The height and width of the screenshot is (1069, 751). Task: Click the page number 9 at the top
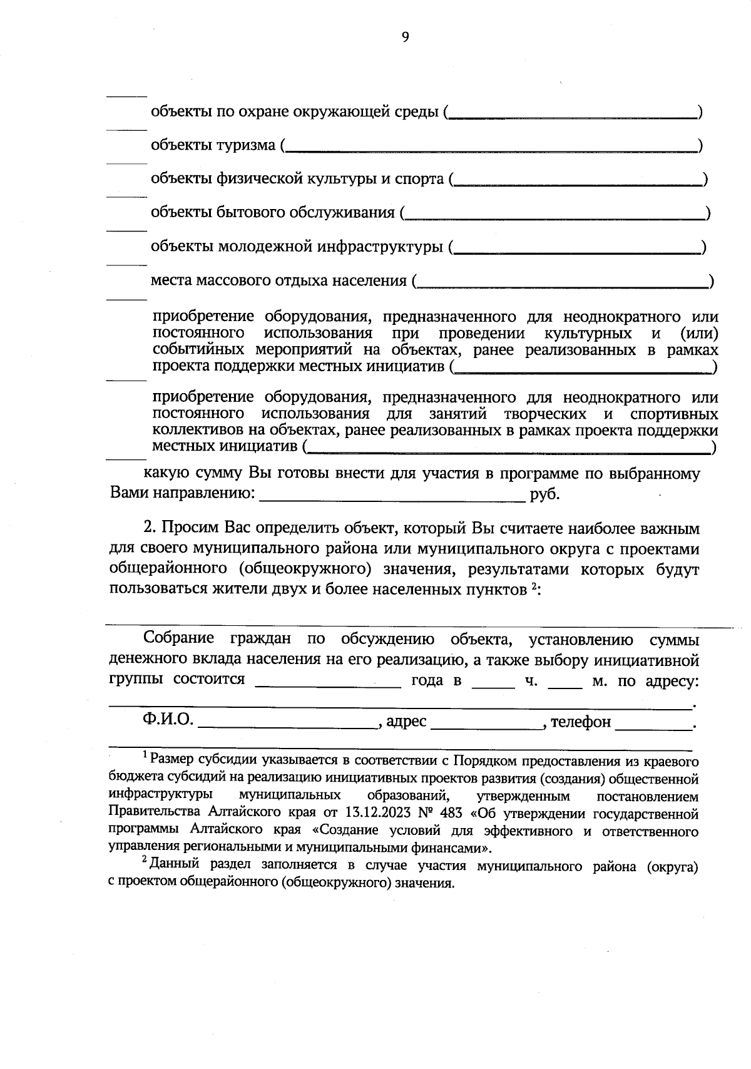pyautogui.click(x=405, y=38)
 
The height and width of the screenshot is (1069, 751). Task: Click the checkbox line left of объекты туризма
pyautogui.click(x=126, y=130)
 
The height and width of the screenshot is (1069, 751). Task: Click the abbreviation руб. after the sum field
pyautogui.click(x=544, y=494)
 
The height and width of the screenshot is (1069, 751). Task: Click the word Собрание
pyautogui.click(x=178, y=638)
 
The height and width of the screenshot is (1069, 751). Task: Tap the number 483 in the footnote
pyautogui.click(x=451, y=814)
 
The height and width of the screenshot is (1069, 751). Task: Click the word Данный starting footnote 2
pyautogui.click(x=174, y=867)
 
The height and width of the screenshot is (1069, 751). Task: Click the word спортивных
pyautogui.click(x=674, y=414)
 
